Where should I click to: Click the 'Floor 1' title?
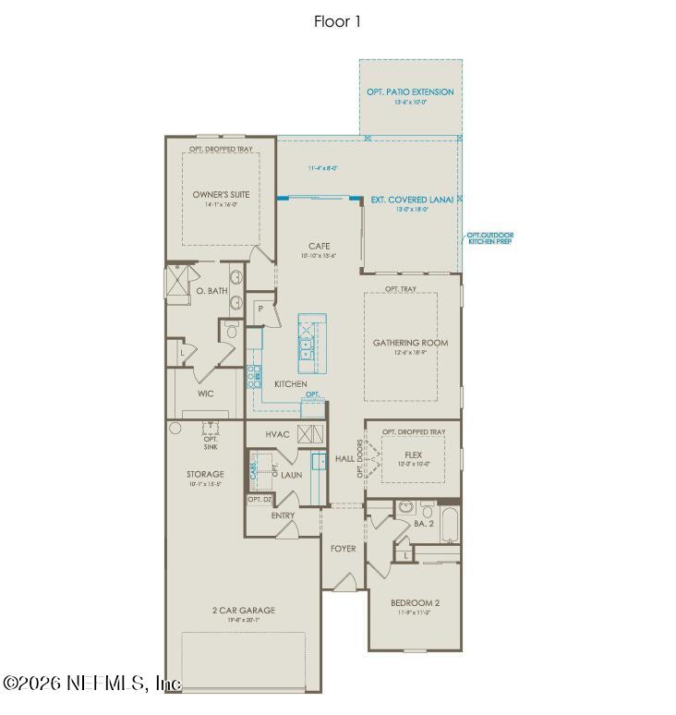337,22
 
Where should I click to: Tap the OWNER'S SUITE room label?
221,195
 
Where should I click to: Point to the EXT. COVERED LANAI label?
412,199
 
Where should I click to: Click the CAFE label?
320,246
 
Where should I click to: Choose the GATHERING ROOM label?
410,343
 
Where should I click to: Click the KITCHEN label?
290,384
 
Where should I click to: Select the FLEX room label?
413,454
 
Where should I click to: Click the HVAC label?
278,434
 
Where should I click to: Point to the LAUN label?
292,475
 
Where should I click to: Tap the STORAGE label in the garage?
205,474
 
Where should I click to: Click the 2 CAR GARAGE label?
244,611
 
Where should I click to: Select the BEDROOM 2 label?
413,603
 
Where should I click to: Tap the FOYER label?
343,549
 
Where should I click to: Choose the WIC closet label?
205,393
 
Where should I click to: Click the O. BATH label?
211,291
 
